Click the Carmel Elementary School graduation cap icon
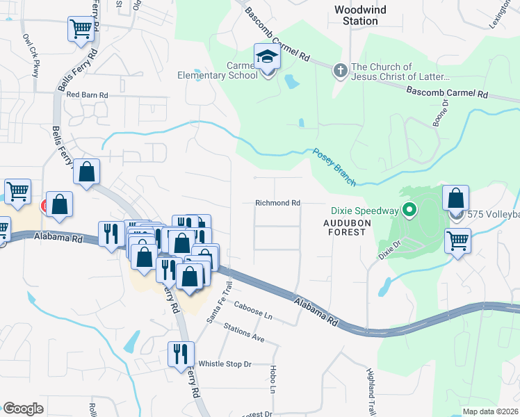click(x=266, y=56)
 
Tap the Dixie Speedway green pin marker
click(x=410, y=208)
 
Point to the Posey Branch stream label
click(x=334, y=167)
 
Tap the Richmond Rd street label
click(x=277, y=203)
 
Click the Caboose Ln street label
click(x=253, y=309)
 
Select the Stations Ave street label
click(x=244, y=334)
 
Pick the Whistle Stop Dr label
click(x=225, y=363)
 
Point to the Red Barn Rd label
click(x=87, y=95)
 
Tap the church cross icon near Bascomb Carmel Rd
click(x=340, y=70)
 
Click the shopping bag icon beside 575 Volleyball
click(x=455, y=197)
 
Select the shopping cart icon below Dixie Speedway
click(x=458, y=241)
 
